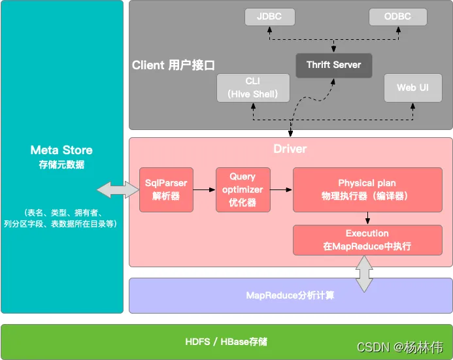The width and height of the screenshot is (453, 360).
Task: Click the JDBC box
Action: [269, 17]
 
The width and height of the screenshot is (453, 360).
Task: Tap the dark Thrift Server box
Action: [333, 65]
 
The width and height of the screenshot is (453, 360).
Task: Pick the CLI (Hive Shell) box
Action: [253, 88]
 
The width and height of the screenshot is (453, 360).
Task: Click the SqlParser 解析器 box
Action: [166, 189]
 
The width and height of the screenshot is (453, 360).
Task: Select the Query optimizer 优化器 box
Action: [243, 189]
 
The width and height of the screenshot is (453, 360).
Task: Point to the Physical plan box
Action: [367, 189]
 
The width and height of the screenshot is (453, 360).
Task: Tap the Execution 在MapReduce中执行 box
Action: [367, 240]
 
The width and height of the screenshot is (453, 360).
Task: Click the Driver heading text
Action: [290, 149]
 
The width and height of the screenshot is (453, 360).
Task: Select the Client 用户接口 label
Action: [173, 65]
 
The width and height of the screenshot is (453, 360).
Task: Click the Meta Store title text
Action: [61, 150]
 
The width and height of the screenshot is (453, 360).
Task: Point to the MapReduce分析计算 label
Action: [290, 295]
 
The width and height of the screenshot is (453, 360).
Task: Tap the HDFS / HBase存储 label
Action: [226, 342]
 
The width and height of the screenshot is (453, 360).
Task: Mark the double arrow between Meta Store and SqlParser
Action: [118, 190]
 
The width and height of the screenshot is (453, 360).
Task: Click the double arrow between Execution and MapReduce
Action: [363, 274]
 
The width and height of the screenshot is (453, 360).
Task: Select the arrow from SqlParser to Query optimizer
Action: [205, 189]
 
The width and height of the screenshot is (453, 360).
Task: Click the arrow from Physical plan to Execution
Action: [367, 218]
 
